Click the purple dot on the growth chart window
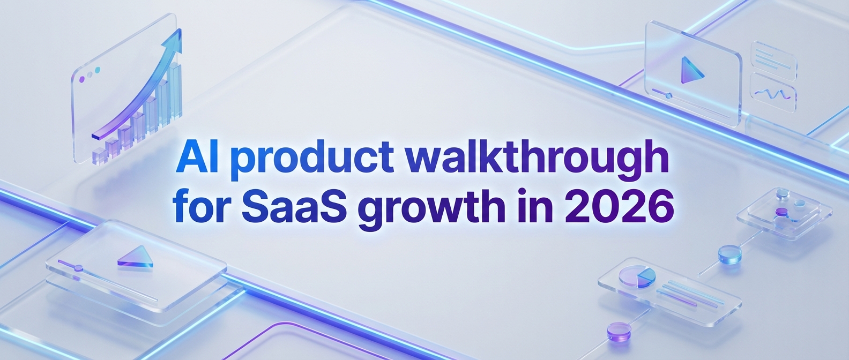coord(81,80)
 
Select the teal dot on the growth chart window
coord(98,70)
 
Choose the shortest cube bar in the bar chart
coord(99,155)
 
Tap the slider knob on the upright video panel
coord(668,95)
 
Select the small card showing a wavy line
coord(773,93)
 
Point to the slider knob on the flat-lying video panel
coord(78,268)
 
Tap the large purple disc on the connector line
coord(619,331)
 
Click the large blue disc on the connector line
coord(729,254)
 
